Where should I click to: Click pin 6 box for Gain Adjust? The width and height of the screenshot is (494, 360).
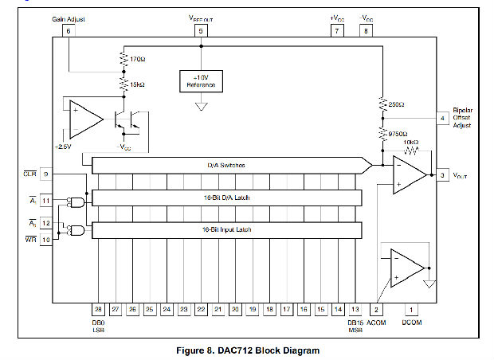tap(69, 31)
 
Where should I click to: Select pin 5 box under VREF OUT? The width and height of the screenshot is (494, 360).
tap(201, 31)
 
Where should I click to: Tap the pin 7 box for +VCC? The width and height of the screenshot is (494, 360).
tap(337, 31)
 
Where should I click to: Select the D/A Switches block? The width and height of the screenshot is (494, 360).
tap(226, 165)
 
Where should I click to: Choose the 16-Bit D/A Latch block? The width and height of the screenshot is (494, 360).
tap(226, 197)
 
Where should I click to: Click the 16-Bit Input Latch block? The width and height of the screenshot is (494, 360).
tap(226, 229)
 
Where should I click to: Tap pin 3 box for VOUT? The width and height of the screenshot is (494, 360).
tap(442, 174)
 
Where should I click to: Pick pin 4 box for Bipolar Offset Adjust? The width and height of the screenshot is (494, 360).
tap(442, 119)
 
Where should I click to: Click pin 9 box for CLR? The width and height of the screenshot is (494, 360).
tap(46, 174)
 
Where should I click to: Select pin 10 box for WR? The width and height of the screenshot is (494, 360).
tap(46, 239)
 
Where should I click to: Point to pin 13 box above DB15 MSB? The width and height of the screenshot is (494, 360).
tap(355, 308)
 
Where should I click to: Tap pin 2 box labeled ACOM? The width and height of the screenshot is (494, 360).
tap(376, 308)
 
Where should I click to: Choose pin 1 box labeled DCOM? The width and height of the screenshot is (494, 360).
tap(411, 308)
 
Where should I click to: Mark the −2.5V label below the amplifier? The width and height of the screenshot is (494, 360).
tap(65, 147)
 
